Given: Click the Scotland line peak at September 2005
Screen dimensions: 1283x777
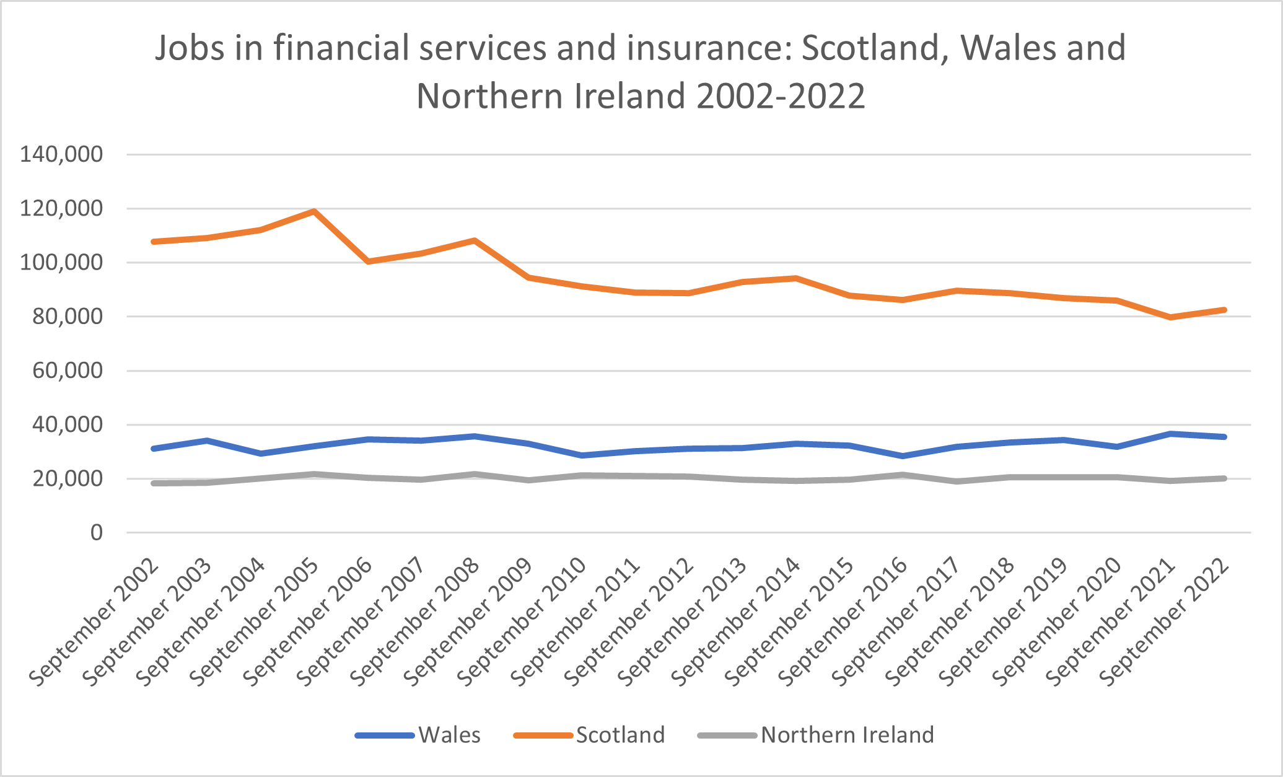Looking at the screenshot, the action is pos(314,211).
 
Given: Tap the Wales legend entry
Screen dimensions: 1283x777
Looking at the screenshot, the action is pos(418,735).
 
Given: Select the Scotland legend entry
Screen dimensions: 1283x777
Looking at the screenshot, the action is pos(589,735).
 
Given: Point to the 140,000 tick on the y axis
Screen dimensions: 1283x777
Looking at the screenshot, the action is pos(61,154).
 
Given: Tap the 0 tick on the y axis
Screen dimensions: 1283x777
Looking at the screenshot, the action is pos(97,532).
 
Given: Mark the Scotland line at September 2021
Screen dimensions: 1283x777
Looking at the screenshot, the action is pos(1170,317).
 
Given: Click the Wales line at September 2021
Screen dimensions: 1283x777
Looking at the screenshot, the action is pos(1170,434).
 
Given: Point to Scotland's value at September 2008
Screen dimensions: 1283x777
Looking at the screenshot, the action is pos(475,240).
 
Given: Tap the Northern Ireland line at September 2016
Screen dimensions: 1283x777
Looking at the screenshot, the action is pos(903,475).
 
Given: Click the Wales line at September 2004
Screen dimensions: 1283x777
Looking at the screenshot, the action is pos(261,454).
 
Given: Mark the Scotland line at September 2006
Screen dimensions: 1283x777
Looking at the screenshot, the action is pos(368,261).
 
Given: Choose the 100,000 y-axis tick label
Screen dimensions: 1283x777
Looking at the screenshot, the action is pos(61,262).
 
